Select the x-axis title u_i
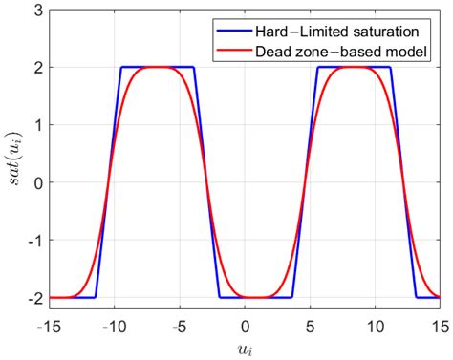[x=245, y=346]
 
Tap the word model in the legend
[x=407, y=49]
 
